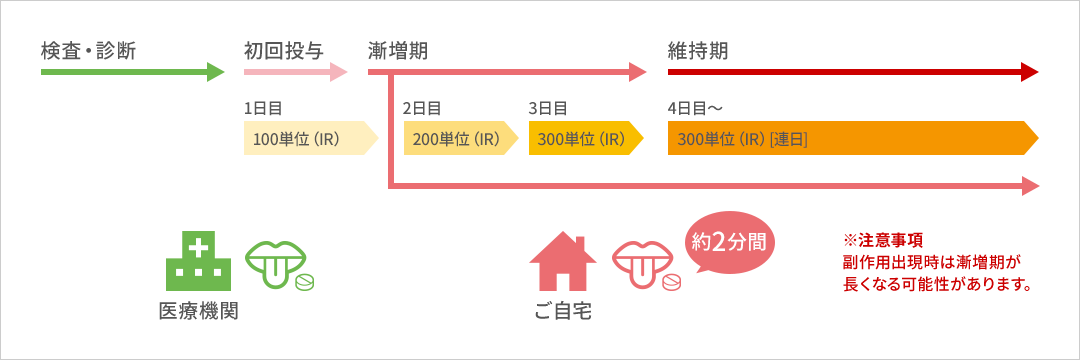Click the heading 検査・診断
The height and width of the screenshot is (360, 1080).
coord(88,49)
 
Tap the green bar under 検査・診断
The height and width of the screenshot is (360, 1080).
coord(132,71)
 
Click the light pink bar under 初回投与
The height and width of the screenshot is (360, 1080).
coord(295,71)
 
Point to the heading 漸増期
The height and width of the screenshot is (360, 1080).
coord(398,49)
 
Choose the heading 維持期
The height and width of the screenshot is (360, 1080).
coord(698,49)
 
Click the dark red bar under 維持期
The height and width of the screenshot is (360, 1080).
coord(852,71)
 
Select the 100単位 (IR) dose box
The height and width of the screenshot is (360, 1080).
coord(310,138)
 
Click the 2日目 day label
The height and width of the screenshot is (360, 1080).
coord(421,108)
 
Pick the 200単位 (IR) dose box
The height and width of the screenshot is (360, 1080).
coord(460,138)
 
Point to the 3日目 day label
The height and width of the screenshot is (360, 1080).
coord(547,108)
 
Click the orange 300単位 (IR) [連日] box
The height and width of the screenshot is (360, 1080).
coord(852,138)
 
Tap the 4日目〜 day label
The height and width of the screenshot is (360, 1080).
coord(695,108)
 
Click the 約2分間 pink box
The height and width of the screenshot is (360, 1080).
coord(729,242)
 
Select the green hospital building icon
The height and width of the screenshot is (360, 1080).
coord(198,261)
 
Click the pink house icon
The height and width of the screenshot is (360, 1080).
coord(563,261)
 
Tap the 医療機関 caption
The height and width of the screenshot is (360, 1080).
coord(198,311)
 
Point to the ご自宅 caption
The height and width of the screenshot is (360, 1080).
coord(563,311)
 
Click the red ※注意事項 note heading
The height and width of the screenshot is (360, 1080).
coord(883,241)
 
